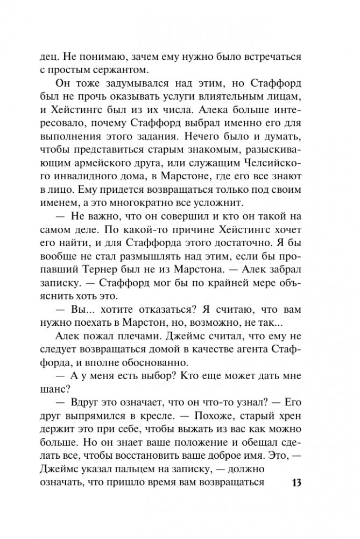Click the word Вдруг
87,400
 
